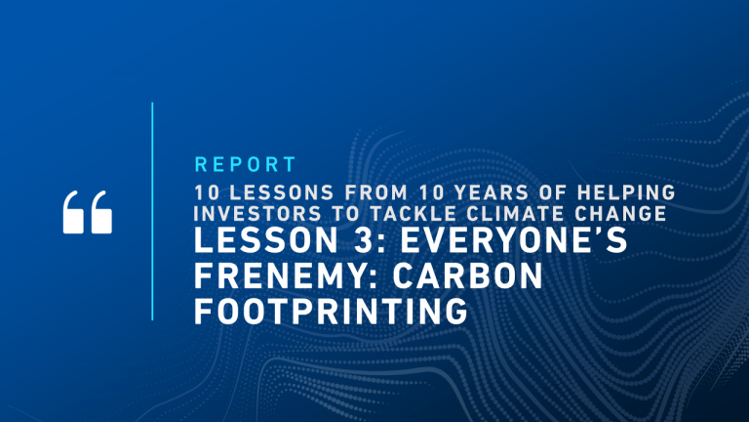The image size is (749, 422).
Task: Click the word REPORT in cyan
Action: [x=245, y=164]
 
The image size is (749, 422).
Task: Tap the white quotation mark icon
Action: [x=88, y=212]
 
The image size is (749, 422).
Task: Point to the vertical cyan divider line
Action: [x=152, y=211]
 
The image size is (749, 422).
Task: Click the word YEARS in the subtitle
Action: [x=492, y=192]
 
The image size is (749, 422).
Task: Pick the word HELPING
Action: [x=626, y=192]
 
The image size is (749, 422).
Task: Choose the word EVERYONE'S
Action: [x=514, y=240]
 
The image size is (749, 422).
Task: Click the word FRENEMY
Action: [x=281, y=275]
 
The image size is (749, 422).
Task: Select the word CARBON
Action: [x=468, y=275]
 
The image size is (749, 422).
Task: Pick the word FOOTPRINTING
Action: [x=331, y=311]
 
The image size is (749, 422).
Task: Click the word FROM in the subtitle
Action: [x=376, y=192]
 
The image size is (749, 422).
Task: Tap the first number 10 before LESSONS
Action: [x=207, y=192]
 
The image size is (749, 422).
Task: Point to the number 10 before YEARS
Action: [x=431, y=192]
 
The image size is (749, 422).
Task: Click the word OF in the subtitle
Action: [x=553, y=192]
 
